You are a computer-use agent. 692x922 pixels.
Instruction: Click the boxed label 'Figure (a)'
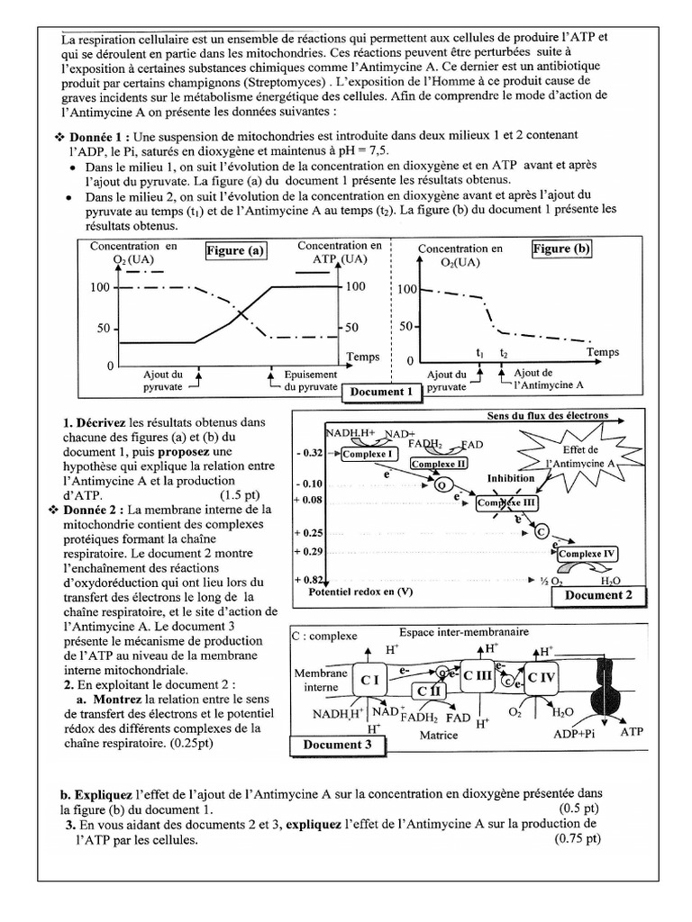[235, 251]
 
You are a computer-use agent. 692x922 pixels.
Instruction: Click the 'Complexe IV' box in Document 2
[587, 554]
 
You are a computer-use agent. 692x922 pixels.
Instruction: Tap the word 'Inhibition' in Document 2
[512, 478]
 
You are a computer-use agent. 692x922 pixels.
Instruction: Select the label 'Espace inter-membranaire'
[455, 632]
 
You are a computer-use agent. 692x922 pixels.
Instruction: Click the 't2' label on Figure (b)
[504, 354]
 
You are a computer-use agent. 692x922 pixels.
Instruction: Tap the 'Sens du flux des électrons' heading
[547, 416]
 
